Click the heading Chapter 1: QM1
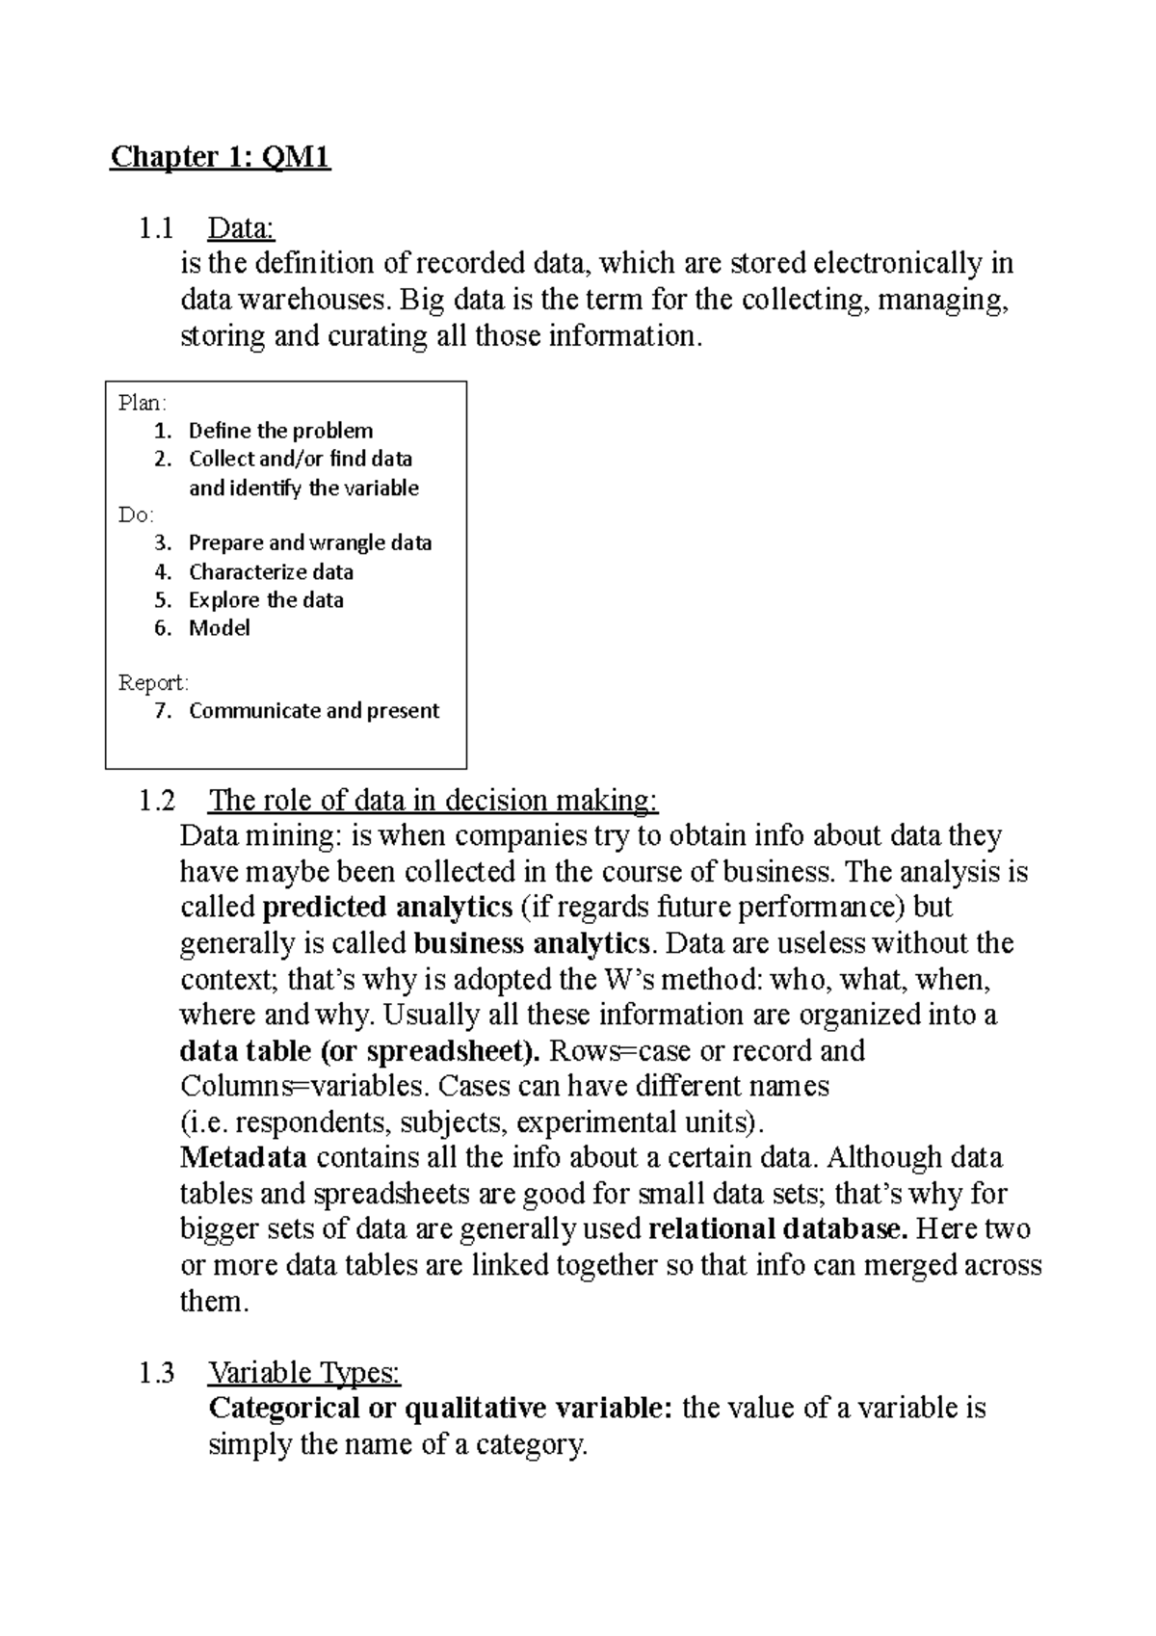pyautogui.click(x=221, y=156)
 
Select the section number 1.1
pyautogui.click(x=155, y=228)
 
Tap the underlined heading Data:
pyautogui.click(x=242, y=228)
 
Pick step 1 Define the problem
pyautogui.click(x=279, y=431)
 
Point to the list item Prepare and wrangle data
pyautogui.click(x=309, y=542)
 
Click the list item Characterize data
pyautogui.click(x=271, y=571)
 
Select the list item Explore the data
pyautogui.click(x=266, y=599)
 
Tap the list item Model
pyautogui.click(x=220, y=628)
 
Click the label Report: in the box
pyautogui.click(x=154, y=683)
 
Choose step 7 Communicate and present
pyautogui.click(x=313, y=711)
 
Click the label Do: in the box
pyautogui.click(x=136, y=515)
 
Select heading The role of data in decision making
pyautogui.click(x=433, y=800)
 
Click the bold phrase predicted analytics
pyautogui.click(x=387, y=907)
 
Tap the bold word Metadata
pyautogui.click(x=244, y=1157)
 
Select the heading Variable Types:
pyautogui.click(x=304, y=1372)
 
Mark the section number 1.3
pyautogui.click(x=157, y=1372)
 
